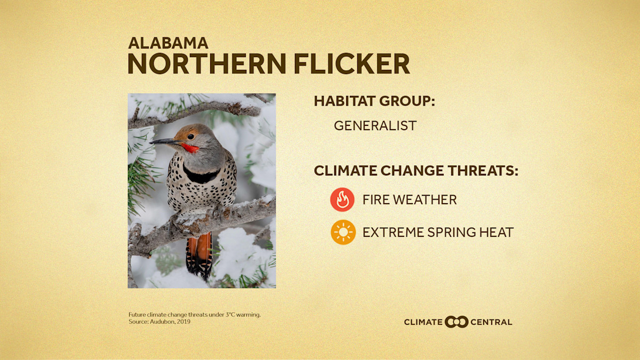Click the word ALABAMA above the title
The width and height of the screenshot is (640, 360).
click(168, 43)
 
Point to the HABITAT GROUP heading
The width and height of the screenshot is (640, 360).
click(374, 101)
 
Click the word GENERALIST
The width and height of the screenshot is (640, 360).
click(375, 126)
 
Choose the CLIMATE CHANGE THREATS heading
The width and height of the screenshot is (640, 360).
click(416, 171)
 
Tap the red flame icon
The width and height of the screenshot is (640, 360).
click(342, 200)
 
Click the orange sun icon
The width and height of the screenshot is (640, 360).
click(342, 232)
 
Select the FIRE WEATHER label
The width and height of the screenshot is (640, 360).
click(410, 200)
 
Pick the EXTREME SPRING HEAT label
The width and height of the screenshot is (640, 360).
click(438, 232)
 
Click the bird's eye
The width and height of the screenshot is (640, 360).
click(190, 137)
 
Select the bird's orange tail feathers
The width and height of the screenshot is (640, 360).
click(199, 253)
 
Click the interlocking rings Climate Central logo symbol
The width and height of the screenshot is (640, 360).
click(457, 322)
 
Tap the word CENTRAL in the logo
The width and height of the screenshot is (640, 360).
click(492, 322)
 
